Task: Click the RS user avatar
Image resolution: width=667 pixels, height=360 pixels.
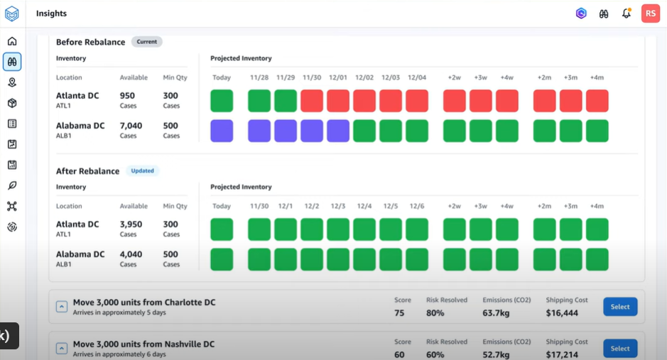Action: point(650,13)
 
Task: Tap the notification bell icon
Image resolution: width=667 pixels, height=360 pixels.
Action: point(626,13)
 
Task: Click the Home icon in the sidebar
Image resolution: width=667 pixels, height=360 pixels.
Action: point(12,41)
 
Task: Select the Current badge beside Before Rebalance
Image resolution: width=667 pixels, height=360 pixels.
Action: point(146,42)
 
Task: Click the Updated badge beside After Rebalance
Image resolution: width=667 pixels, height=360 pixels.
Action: point(142,171)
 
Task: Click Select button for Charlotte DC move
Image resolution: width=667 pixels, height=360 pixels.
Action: point(620,307)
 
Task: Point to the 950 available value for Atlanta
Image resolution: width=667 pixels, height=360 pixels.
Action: point(127,96)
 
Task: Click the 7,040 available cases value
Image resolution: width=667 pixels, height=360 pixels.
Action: point(131,126)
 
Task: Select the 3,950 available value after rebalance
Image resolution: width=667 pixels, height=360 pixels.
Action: point(131,224)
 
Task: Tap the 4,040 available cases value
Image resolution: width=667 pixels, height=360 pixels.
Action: point(131,254)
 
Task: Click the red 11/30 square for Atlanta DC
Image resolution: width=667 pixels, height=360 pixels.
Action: point(312,101)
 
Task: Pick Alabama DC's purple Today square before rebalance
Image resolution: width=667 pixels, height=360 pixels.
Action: point(222,131)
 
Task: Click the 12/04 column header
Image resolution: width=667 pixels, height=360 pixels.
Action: point(417,77)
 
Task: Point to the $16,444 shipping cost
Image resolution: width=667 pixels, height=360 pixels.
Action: point(562,313)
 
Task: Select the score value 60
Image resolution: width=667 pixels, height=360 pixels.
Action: point(399,354)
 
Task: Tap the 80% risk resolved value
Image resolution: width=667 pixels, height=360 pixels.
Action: point(436,313)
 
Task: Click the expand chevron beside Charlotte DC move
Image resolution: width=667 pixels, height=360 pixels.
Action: point(62,307)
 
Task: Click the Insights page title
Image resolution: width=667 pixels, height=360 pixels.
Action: point(51,13)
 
